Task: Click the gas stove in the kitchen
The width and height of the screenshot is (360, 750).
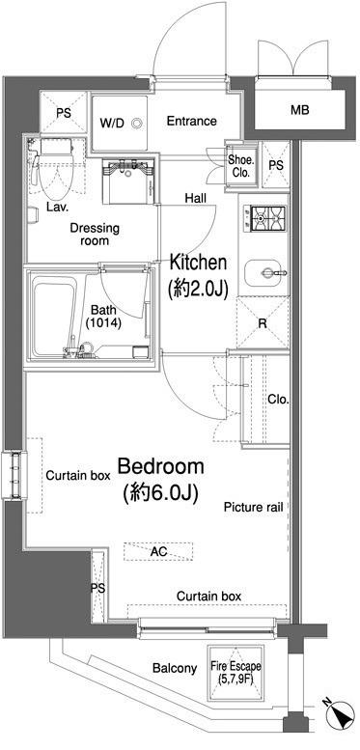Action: click(x=264, y=218)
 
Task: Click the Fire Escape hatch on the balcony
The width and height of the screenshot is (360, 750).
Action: click(x=235, y=672)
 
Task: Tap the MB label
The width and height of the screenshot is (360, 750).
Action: click(x=300, y=111)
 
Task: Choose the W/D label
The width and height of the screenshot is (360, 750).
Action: click(x=112, y=123)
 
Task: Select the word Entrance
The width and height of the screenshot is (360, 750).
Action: click(x=191, y=122)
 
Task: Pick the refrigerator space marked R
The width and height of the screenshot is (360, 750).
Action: click(x=262, y=323)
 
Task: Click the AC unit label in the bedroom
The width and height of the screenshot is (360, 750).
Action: click(x=158, y=552)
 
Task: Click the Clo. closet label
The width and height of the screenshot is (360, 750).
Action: click(x=278, y=400)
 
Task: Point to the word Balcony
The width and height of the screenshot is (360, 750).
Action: click(x=175, y=668)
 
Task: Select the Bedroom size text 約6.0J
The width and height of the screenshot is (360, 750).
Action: click(x=160, y=493)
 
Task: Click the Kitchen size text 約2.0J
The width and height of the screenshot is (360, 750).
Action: click(x=196, y=289)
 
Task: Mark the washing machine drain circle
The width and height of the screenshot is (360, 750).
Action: click(x=137, y=123)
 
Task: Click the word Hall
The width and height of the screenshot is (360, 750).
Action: click(x=196, y=198)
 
